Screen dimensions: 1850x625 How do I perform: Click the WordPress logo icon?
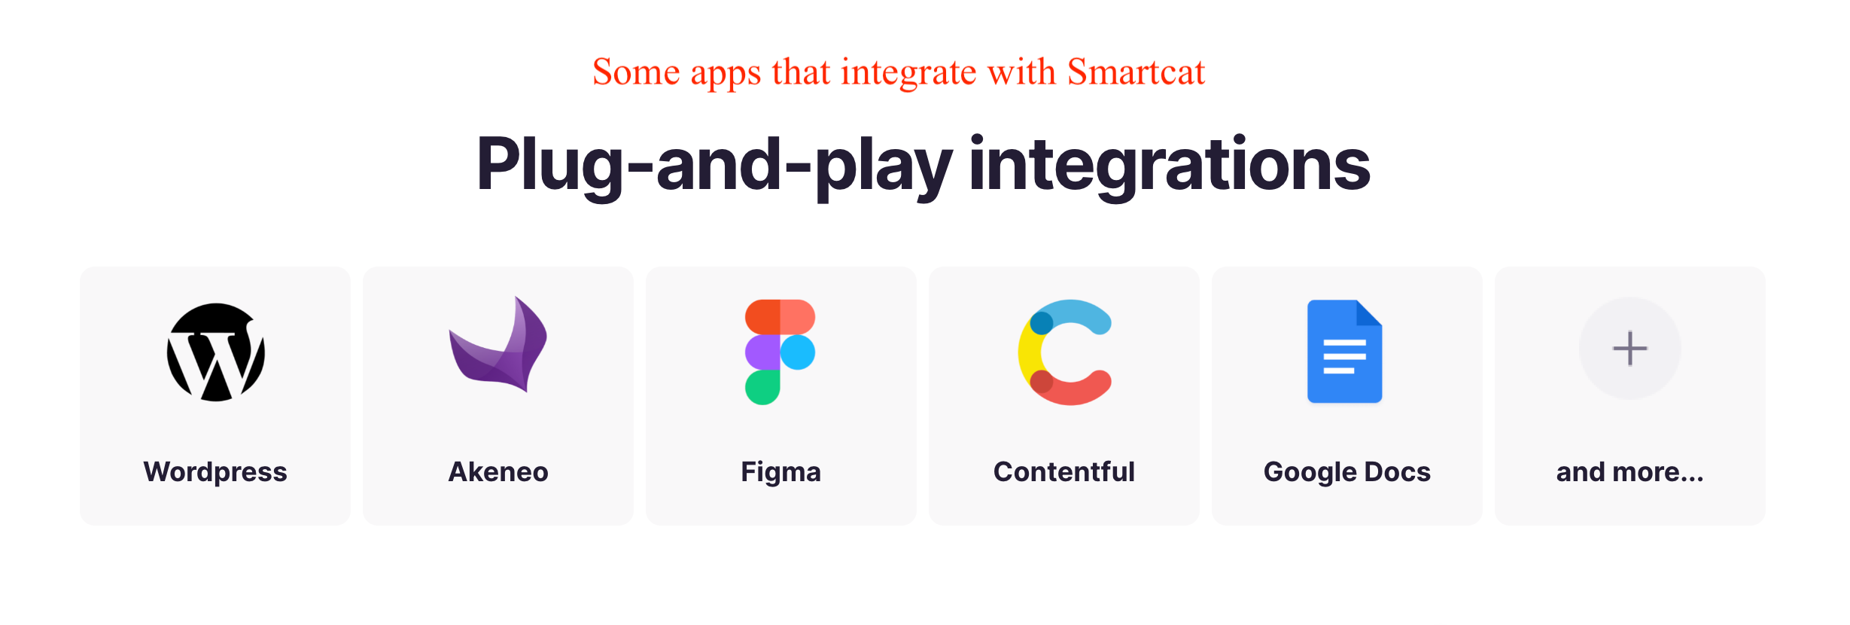point(216,352)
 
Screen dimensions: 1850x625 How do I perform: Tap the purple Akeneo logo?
point(498,345)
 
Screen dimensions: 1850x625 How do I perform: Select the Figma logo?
point(780,352)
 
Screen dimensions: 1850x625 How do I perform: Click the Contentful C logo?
point(1064,352)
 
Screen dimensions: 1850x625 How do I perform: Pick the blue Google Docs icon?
point(1345,352)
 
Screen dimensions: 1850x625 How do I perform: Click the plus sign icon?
point(1630,349)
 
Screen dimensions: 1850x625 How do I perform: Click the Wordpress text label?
point(215,472)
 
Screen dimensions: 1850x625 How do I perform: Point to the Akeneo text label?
point(498,472)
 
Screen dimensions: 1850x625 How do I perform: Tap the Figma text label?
point(781,472)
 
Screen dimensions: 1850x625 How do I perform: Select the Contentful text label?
point(1064,472)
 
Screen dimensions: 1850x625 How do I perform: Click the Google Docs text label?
point(1347,472)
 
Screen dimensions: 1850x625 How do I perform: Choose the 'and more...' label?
point(1630,472)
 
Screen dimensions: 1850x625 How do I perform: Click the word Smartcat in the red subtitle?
point(1136,72)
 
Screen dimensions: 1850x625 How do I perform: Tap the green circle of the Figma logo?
point(762,388)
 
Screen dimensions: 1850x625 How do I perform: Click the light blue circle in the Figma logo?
point(798,352)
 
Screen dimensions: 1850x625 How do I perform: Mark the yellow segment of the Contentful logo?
point(1027,352)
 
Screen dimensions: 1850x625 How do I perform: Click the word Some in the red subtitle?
point(637,72)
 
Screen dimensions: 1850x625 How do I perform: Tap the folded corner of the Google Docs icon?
point(1369,313)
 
